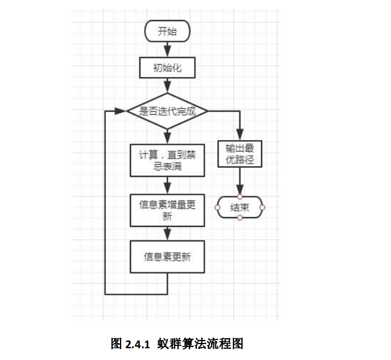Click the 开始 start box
pyautogui.click(x=168, y=32)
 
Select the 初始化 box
pyautogui.click(x=168, y=68)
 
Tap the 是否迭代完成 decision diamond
pyautogui.click(x=168, y=111)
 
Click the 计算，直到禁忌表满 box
pyautogui.click(x=168, y=159)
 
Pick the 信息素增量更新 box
pyautogui.click(x=168, y=210)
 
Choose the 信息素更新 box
pyautogui.click(x=168, y=257)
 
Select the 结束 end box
pyautogui.click(x=240, y=207)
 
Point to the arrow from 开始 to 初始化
pyautogui.click(x=168, y=49)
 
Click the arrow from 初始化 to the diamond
pyautogui.click(x=168, y=85)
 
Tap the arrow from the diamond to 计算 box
pyautogui.click(x=168, y=136)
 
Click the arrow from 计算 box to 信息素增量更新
pyautogui.click(x=168, y=185)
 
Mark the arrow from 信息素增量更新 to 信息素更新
pyautogui.click(x=168, y=234)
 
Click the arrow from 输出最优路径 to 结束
pyautogui.click(x=240, y=181)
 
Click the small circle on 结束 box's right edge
pyautogui.click(x=262, y=207)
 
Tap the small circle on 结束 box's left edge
pyautogui.click(x=217, y=207)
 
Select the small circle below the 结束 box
pyautogui.click(x=240, y=218)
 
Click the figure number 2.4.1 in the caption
pyautogui.click(x=139, y=344)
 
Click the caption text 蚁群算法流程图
pyautogui.click(x=200, y=344)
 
